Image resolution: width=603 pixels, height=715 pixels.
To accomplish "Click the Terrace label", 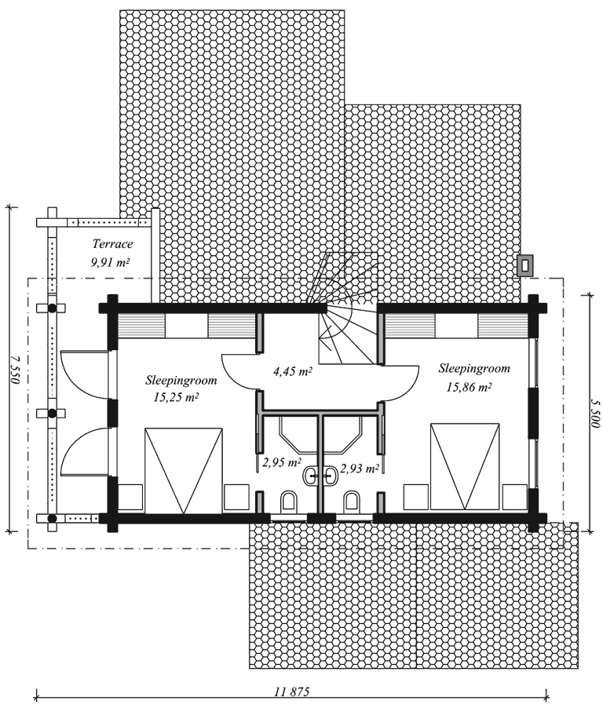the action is tap(112, 244).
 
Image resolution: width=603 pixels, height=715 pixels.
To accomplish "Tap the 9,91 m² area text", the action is tap(111, 262).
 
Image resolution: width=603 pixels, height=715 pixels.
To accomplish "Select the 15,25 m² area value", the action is tap(176, 397).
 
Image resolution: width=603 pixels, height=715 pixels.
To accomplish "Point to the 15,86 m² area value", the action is tap(469, 387).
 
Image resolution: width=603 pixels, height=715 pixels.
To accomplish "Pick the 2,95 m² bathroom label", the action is tap(281, 463).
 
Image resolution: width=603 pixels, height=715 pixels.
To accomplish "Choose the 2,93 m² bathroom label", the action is tap(360, 469).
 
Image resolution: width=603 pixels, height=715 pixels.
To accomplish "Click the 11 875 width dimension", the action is tap(292, 691).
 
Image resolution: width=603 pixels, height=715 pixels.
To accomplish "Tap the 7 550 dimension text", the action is tap(16, 370).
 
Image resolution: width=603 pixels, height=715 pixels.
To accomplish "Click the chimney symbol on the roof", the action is tap(524, 264).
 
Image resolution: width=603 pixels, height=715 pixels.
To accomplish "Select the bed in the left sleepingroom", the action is tap(184, 471).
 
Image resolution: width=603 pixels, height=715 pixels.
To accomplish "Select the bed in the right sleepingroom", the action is tap(465, 466).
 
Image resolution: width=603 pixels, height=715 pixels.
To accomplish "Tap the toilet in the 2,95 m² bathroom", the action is tap(289, 502).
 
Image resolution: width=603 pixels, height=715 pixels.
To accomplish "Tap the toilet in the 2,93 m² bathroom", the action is tap(351, 501).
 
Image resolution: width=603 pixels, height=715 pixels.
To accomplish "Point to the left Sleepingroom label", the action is tap(181, 380).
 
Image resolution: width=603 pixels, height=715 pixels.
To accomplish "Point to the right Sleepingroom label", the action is tap(474, 368).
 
